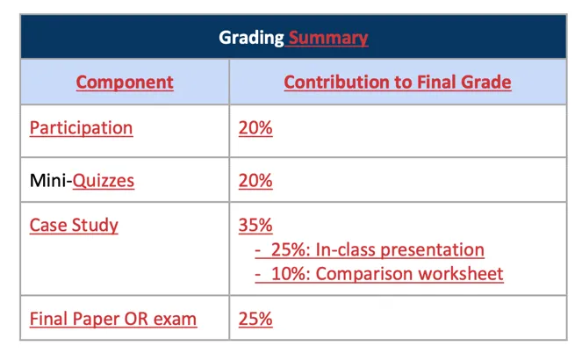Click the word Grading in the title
point(251,38)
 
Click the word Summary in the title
point(328,38)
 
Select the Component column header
point(125,83)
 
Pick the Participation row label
point(82,128)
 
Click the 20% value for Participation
point(255,128)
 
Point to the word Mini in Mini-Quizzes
point(48,181)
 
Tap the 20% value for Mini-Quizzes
point(255,181)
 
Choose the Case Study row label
point(74,226)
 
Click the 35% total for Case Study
point(255,226)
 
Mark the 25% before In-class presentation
point(288,249)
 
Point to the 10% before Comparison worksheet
point(288,274)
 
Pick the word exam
point(175,320)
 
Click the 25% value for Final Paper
point(255,320)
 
